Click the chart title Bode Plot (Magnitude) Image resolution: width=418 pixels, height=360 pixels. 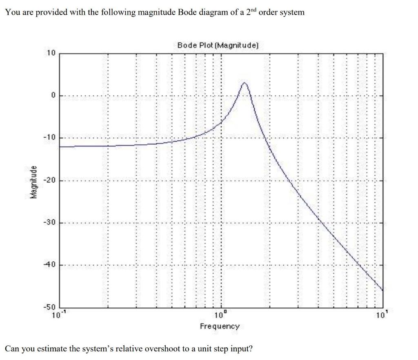[x=218, y=45]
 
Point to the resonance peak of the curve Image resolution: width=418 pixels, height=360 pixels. [x=244, y=83]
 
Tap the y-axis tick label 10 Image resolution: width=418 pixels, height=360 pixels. [x=50, y=53]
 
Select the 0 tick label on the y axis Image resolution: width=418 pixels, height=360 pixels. [x=52, y=95]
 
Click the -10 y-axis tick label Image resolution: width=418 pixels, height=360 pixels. [x=49, y=138]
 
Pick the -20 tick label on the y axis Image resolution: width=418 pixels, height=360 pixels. [x=49, y=180]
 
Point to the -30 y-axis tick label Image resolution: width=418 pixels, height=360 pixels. [x=49, y=223]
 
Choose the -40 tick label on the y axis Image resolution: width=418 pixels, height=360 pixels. [x=49, y=265]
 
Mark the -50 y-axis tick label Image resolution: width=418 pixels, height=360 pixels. [x=49, y=307]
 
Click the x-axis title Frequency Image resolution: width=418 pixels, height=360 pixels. [x=220, y=326]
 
